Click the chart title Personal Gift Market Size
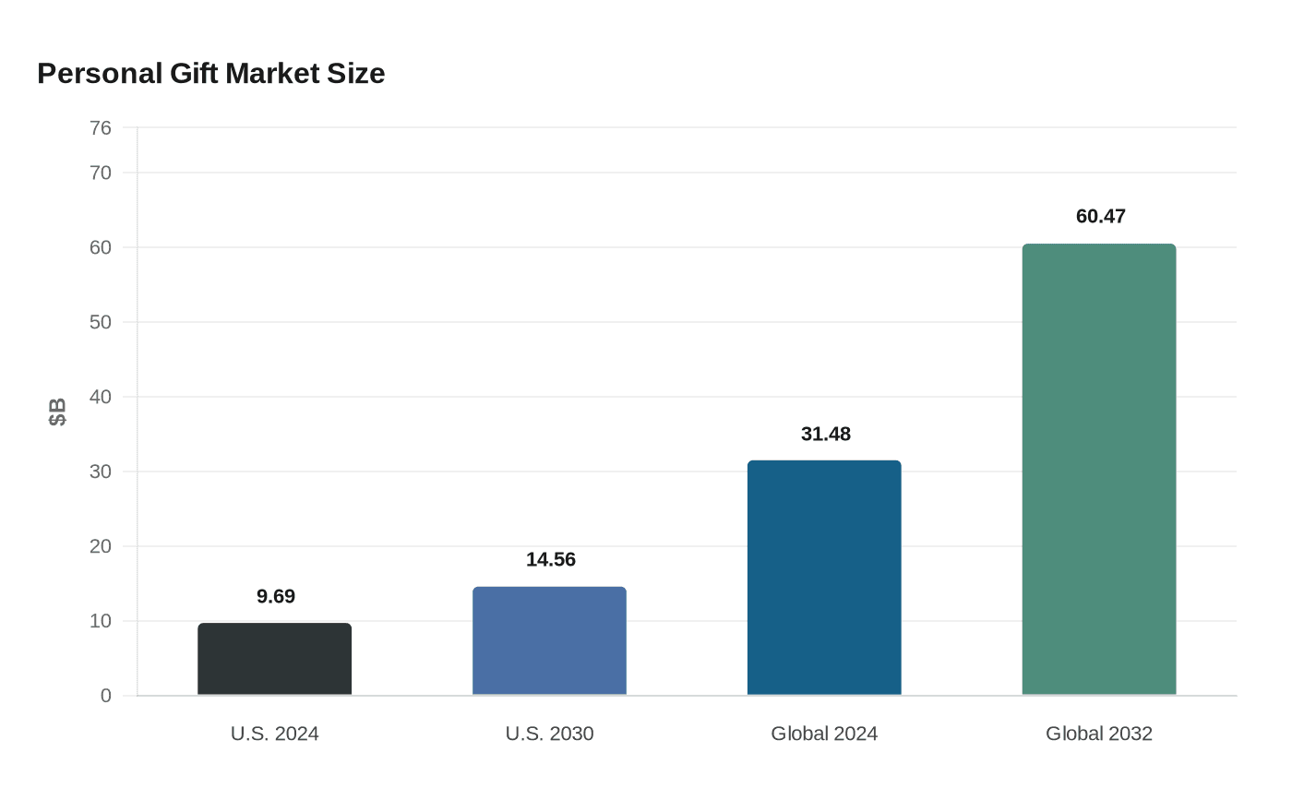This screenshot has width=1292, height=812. click(210, 74)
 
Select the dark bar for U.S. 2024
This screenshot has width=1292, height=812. click(275, 659)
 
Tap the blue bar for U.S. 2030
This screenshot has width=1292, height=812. click(549, 640)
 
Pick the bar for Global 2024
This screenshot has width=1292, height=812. click(824, 578)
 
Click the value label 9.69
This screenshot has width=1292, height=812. click(276, 597)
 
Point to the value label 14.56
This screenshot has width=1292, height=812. click(551, 560)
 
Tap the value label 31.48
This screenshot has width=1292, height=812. click(826, 435)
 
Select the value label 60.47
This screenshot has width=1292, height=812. click(1101, 217)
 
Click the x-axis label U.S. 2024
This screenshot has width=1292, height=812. click(275, 734)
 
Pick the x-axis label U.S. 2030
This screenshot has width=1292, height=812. click(549, 734)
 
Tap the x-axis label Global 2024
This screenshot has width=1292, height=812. click(824, 734)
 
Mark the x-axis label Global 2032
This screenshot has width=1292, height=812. click(1099, 734)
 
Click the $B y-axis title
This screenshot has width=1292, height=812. click(57, 412)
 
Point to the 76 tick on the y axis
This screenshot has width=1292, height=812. click(101, 128)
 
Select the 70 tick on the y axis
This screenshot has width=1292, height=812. click(101, 173)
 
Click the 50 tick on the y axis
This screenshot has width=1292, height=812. click(101, 323)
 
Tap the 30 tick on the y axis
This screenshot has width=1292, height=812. click(101, 472)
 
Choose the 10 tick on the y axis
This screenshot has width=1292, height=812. click(101, 622)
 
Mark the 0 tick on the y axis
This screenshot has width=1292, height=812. click(106, 697)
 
